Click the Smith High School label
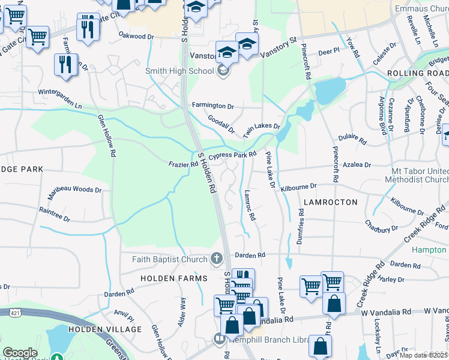click(179, 71)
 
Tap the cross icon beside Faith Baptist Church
click(217, 259)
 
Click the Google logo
click(20, 353)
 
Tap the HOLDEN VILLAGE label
click(105, 329)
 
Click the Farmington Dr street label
click(212, 106)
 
